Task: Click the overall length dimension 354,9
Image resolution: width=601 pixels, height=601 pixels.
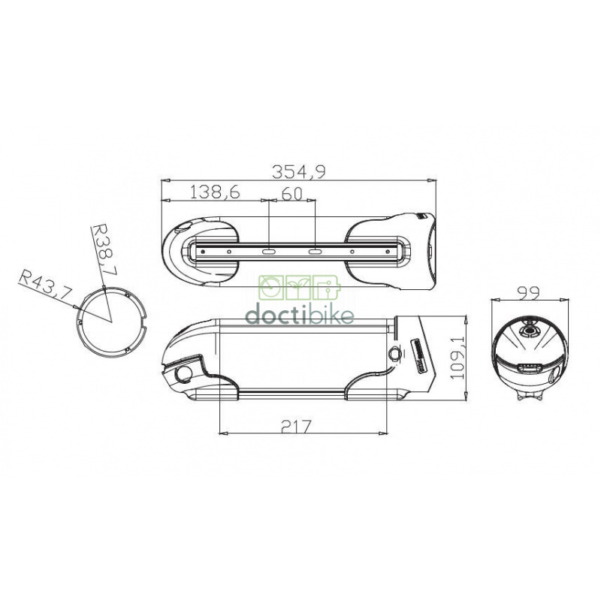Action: pos(300,171)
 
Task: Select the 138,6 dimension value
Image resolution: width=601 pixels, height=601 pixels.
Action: pos(214,192)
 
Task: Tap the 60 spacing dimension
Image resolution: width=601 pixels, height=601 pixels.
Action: pos(291,193)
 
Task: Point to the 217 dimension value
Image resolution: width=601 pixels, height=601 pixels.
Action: pos(297,425)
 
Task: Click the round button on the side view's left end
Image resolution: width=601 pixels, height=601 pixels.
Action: pos(182,373)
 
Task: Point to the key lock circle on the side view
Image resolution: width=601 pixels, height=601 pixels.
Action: pos(394,353)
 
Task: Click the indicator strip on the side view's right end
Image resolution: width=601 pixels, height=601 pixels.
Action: pos(418,353)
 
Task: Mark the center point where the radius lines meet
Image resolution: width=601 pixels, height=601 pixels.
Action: pos(111,321)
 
